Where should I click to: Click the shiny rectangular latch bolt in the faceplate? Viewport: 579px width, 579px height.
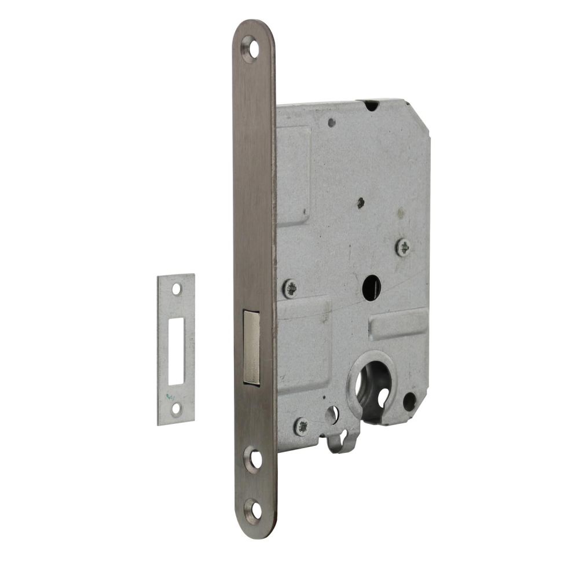(252, 347)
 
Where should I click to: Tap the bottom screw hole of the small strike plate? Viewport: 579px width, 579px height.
(176, 409)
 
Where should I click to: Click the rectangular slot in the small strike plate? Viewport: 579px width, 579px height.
(176, 350)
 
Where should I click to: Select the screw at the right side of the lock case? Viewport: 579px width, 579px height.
(403, 247)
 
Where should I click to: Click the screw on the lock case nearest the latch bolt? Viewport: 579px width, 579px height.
(290, 288)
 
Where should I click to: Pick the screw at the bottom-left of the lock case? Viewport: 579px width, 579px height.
(301, 426)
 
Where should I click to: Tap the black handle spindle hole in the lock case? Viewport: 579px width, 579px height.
(371, 287)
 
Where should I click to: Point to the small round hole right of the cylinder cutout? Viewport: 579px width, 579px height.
(409, 401)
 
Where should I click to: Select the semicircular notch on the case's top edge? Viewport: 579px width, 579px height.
(372, 105)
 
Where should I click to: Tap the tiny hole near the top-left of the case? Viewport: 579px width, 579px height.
(331, 122)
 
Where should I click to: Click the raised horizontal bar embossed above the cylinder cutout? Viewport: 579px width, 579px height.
(398, 324)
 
